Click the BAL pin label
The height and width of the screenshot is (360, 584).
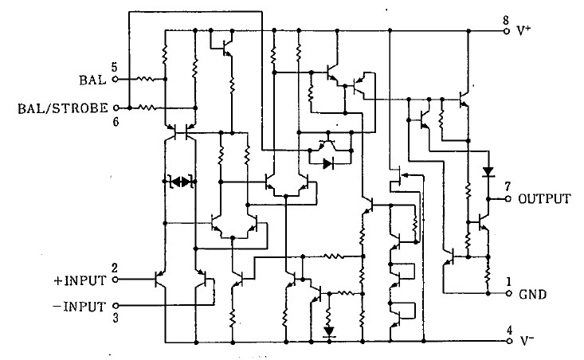point(92,80)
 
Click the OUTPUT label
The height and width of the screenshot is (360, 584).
point(544,199)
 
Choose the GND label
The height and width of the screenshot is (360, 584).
point(532,294)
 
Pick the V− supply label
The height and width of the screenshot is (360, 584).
point(525,340)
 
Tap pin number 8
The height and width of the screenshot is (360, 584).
point(506,20)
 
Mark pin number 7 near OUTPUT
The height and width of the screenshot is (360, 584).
point(506,186)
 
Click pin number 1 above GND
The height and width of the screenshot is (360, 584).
point(508,280)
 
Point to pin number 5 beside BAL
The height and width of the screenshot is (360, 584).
point(115,67)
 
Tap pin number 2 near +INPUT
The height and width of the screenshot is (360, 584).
point(115,268)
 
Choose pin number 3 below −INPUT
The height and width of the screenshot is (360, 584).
point(115,317)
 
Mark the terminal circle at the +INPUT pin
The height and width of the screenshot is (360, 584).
point(115,280)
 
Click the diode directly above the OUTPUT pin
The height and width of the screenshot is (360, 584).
point(487,171)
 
